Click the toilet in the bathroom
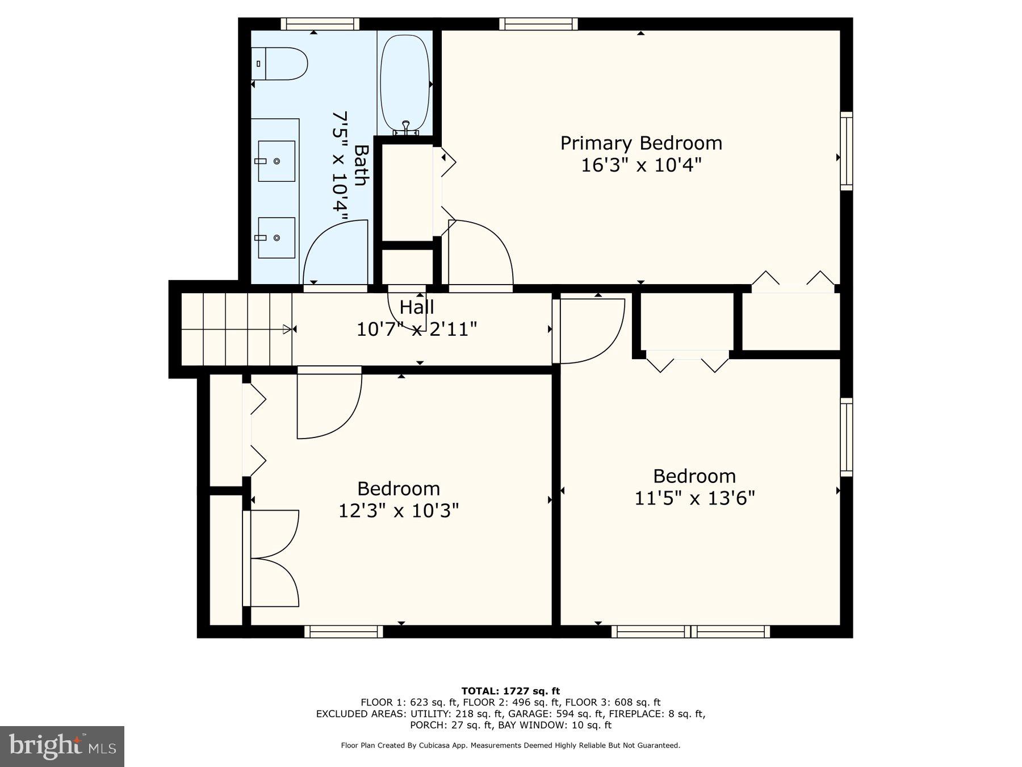point(281,64)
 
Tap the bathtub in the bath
point(405,82)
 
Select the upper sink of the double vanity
point(277,161)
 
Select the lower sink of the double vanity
point(277,237)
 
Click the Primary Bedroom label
point(641,143)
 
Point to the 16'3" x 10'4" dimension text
point(641,165)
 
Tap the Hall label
point(417,307)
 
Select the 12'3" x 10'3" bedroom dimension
point(399,511)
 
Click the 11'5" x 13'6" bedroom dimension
point(694,498)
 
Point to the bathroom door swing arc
point(336,253)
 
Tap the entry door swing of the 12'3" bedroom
point(329,403)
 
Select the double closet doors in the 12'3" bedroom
point(273,558)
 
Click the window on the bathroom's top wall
point(320,24)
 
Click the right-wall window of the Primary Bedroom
point(846,151)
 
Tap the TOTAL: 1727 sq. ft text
point(510,691)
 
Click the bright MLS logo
point(62,746)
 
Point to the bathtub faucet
point(406,127)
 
